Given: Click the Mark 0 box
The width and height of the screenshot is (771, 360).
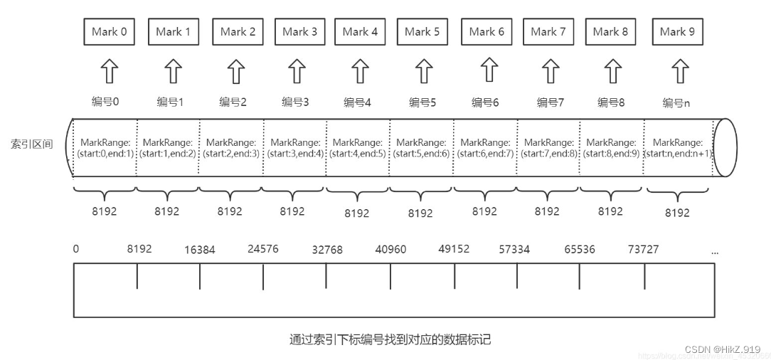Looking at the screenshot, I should pyautogui.click(x=110, y=31).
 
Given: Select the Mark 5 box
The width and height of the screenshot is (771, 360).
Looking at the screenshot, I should pyautogui.click(x=422, y=31).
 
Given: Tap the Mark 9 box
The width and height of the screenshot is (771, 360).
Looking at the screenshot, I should pyautogui.click(x=677, y=31).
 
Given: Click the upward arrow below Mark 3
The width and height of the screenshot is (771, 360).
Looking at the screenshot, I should pyautogui.click(x=297, y=71).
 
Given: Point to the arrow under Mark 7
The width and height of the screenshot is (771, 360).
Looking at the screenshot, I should pyautogui.click(x=549, y=71).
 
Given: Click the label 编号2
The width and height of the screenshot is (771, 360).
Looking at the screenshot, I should pyautogui.click(x=233, y=102).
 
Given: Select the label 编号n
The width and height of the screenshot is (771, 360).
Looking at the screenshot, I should pyautogui.click(x=676, y=103).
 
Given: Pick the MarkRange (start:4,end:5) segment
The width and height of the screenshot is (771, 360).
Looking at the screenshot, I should pyautogui.click(x=357, y=148).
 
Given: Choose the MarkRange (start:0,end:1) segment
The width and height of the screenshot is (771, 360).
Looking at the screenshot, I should pyautogui.click(x=106, y=148).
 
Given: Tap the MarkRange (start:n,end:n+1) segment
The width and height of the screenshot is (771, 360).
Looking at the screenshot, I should pyautogui.click(x=678, y=148).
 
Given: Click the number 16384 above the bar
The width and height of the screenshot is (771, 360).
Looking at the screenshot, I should pyautogui.click(x=199, y=250).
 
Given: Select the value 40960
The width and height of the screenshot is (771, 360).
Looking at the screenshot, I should pyautogui.click(x=390, y=250).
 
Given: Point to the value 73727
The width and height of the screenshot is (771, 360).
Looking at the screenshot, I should pyautogui.click(x=643, y=249).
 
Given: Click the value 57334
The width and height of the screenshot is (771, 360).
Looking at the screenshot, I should pyautogui.click(x=514, y=250).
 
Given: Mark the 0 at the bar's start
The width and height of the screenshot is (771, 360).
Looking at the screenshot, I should pyautogui.click(x=76, y=248).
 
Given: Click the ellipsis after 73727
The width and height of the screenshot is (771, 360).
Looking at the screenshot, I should pyautogui.click(x=714, y=252).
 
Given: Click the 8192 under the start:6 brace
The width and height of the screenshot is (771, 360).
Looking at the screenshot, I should pyautogui.click(x=484, y=211).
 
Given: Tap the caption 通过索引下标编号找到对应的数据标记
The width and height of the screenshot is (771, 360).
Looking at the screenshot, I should pyautogui.click(x=390, y=339).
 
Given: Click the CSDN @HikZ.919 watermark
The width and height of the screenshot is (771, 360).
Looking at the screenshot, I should pyautogui.click(x=723, y=349).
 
